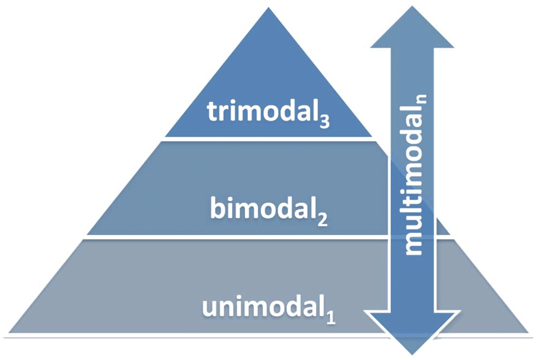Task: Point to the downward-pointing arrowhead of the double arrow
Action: coord(412,331)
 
